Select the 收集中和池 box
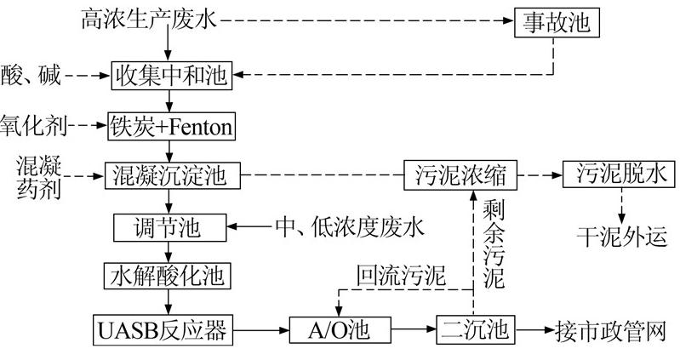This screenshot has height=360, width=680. [x=171, y=76]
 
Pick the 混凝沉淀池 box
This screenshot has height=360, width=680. [x=171, y=177]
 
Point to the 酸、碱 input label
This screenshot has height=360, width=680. [x=29, y=76]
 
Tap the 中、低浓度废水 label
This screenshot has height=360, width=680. [x=349, y=227]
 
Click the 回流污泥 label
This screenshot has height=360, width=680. [x=400, y=274]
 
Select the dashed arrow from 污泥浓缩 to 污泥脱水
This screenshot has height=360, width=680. [x=540, y=177]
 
